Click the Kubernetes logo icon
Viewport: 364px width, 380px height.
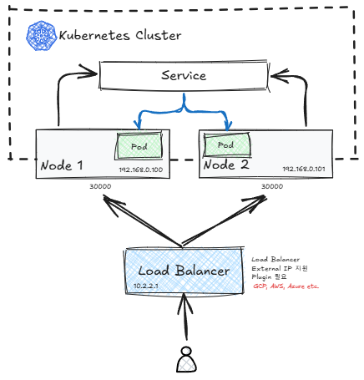point(41,36)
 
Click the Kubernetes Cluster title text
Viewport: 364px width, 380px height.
point(120,36)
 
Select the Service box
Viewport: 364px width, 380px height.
point(184,75)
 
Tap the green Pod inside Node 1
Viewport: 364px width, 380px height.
point(139,146)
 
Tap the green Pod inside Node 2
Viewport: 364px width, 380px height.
point(227,144)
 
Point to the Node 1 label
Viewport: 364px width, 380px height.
point(62,165)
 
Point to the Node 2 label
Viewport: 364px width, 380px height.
point(226,165)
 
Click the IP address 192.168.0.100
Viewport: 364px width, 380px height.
point(141,170)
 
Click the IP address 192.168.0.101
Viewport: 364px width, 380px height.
point(304,169)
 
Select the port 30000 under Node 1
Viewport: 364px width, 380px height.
point(100,186)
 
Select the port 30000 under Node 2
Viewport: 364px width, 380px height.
point(272,186)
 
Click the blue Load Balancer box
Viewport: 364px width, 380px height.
point(184,271)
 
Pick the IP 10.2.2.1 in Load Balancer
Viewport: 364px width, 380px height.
point(146,286)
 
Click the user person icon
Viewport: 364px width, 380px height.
point(186,359)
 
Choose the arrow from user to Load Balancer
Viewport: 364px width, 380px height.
point(185,317)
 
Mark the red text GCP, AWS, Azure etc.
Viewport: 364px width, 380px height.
point(286,286)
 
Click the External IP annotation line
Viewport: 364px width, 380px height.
point(280,269)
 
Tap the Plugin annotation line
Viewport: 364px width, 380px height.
point(269,277)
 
